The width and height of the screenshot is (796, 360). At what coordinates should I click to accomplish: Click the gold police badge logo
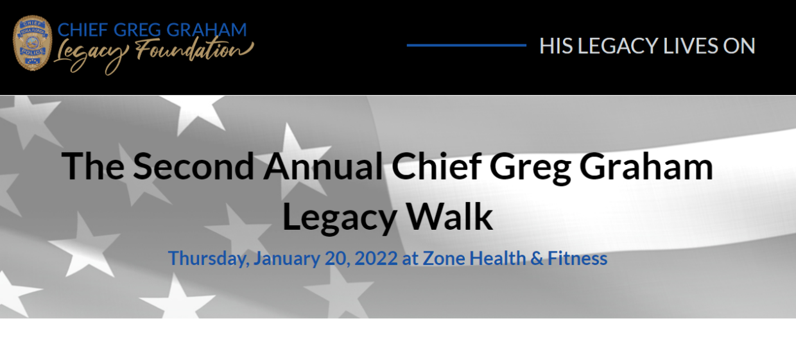point(33,44)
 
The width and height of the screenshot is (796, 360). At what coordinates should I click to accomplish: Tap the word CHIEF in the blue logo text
point(83,30)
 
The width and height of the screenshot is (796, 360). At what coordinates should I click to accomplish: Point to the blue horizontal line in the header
point(466,46)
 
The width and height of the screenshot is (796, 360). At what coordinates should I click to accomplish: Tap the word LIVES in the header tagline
point(686,46)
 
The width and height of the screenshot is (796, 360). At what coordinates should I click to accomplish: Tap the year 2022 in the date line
point(376,259)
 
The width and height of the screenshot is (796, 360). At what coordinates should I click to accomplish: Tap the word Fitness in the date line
point(577,259)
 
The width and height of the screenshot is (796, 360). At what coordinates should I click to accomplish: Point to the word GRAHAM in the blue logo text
point(207,30)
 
